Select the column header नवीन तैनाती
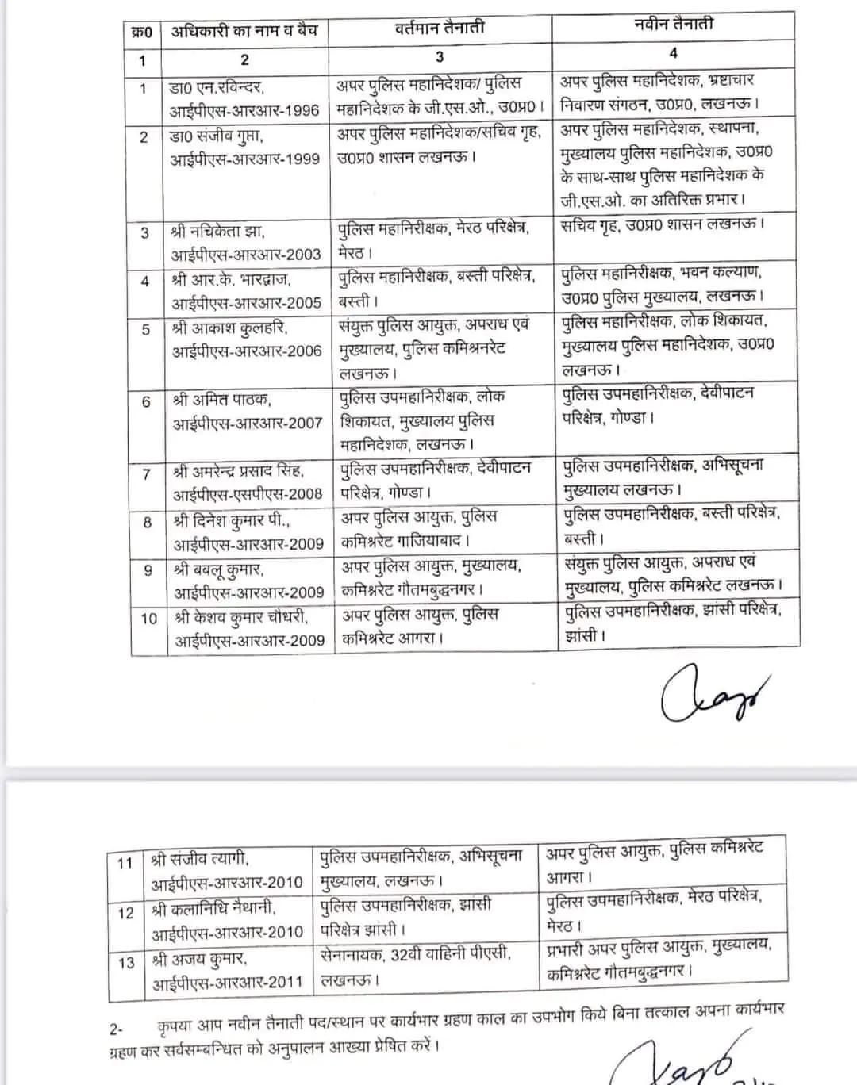pos(674,25)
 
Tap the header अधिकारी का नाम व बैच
pos(244,31)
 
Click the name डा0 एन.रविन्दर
pos(217,87)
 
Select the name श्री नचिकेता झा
pos(217,232)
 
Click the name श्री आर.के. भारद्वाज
pos(232,280)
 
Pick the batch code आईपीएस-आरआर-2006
pos(247,351)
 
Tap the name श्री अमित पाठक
pos(221,400)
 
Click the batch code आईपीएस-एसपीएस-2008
pos(248,493)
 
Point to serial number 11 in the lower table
pos(125,863)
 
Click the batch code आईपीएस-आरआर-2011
pos(228,982)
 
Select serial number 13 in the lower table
pos(126,963)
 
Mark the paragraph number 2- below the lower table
pos(116,1029)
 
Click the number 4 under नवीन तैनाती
pos(674,53)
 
